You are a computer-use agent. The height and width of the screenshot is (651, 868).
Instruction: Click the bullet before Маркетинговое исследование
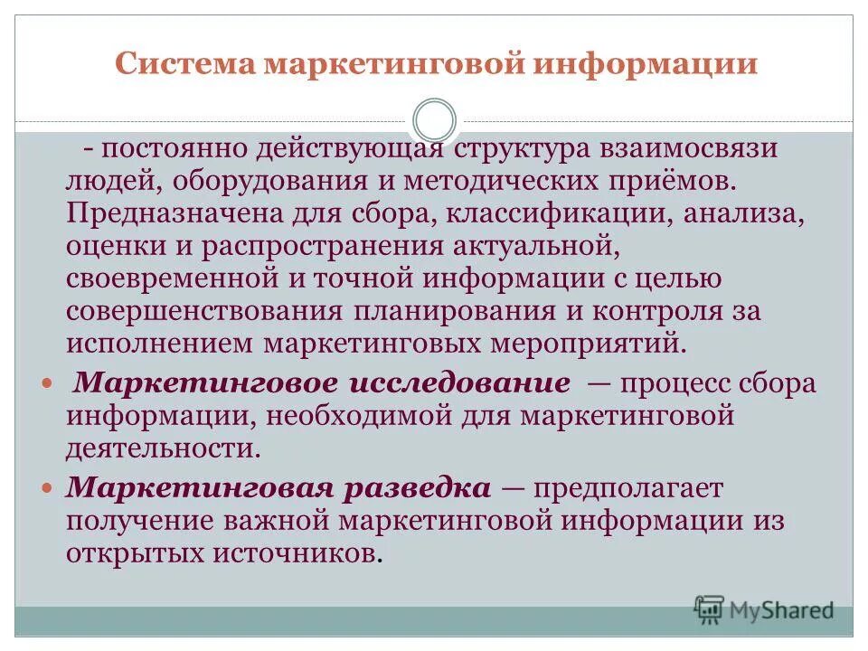point(49,383)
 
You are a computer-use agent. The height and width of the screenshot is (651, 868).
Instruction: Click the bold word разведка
point(418,488)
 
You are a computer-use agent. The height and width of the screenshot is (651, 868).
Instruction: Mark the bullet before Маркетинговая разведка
point(49,488)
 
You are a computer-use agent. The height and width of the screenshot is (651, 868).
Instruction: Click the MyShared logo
point(764,609)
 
